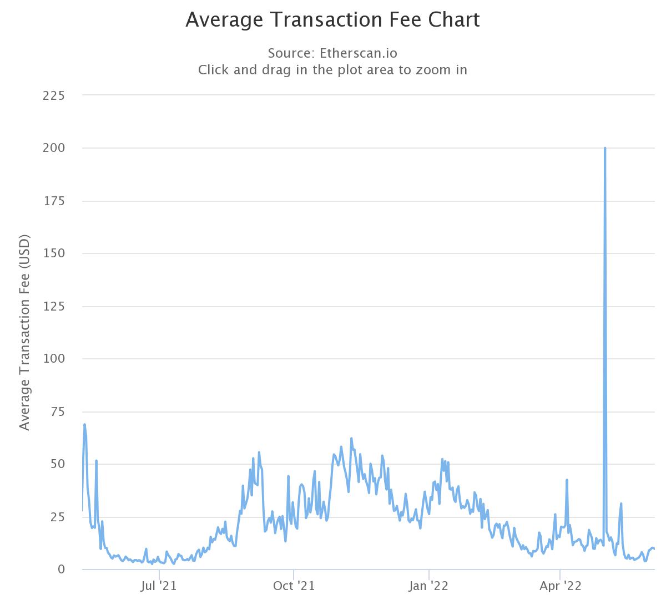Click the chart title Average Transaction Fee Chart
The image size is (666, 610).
(x=332, y=20)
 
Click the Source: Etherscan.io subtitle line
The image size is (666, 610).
(x=332, y=53)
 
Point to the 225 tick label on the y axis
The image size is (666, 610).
(x=54, y=95)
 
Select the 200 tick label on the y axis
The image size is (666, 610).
(x=54, y=148)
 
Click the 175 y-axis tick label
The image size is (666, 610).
(x=54, y=201)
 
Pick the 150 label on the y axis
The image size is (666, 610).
(x=54, y=253)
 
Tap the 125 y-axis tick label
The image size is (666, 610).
(x=54, y=306)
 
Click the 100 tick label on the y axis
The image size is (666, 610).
(x=54, y=359)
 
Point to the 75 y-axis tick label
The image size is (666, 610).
(x=57, y=411)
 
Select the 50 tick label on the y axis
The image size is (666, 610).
(x=57, y=464)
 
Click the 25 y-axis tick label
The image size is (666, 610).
(x=57, y=517)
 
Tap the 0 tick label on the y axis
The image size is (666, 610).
(x=61, y=570)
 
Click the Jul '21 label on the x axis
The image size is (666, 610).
(x=159, y=586)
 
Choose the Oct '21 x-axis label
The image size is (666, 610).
(x=294, y=586)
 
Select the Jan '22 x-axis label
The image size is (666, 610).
(x=428, y=586)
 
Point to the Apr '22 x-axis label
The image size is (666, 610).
(x=561, y=586)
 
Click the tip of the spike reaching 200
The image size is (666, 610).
(x=604, y=148)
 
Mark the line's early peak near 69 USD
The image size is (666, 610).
(x=84, y=424)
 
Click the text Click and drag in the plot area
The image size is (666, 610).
(x=332, y=70)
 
